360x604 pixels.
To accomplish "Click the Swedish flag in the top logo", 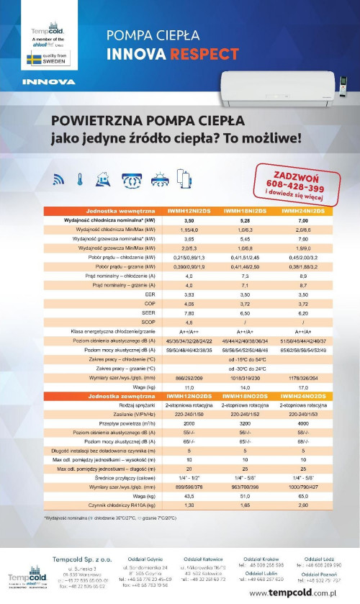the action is point(33,58).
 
